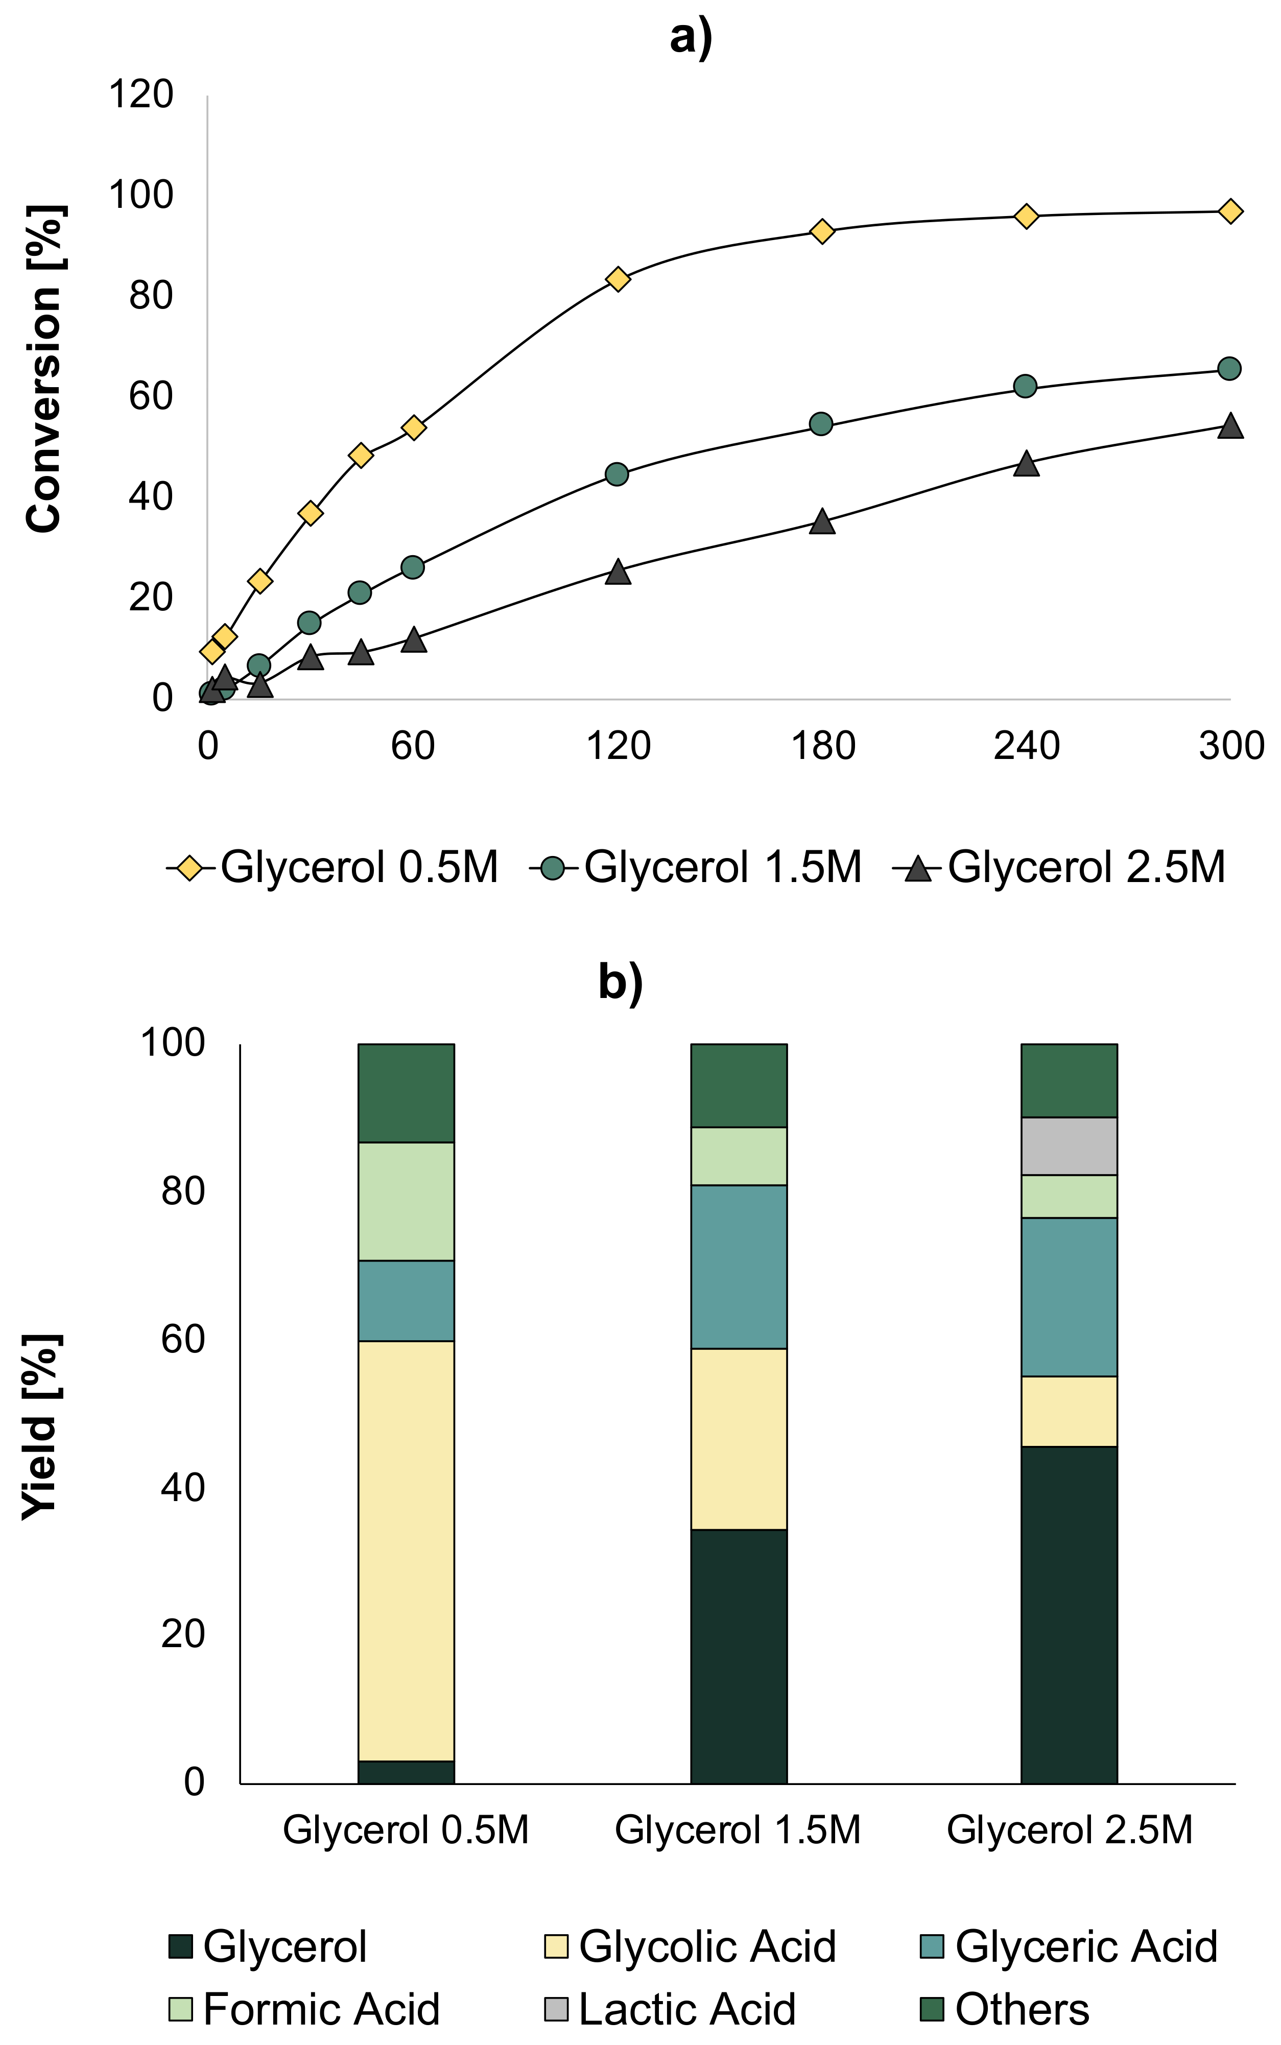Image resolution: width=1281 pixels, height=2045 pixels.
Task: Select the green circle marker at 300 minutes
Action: point(1229,369)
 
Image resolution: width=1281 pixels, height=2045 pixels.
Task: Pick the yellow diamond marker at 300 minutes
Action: point(1230,211)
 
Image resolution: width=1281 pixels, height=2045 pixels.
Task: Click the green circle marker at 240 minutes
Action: point(1025,386)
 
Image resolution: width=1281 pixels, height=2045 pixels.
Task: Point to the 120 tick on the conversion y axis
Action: point(140,94)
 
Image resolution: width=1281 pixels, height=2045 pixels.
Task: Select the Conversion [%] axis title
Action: point(44,369)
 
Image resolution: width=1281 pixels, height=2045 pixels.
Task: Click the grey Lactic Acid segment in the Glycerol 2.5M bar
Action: point(1069,1146)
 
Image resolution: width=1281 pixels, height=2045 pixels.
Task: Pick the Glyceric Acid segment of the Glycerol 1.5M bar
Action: point(739,1267)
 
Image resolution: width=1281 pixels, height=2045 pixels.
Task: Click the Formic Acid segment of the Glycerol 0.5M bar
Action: point(406,1201)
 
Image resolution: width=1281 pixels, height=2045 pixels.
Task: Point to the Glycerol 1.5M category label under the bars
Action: point(737,1830)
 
